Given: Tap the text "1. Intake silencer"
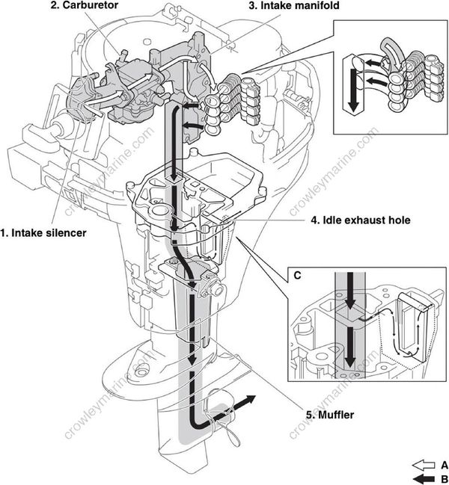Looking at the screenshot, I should [x=43, y=232].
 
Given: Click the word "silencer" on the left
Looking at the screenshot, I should [x=64, y=232].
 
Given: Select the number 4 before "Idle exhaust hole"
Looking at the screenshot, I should [x=314, y=220].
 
